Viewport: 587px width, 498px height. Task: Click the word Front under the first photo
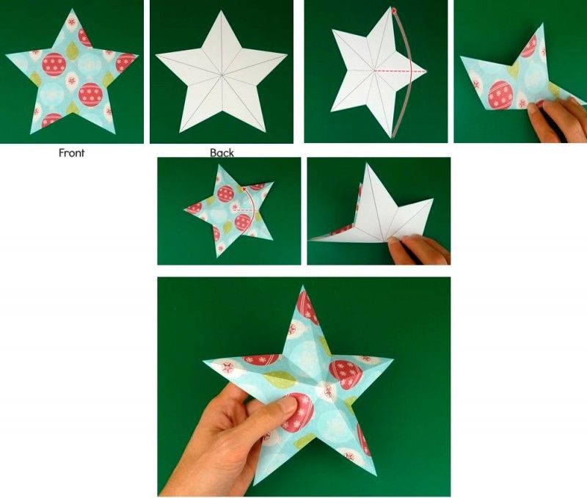tap(71, 153)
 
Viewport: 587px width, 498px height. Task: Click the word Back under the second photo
tap(222, 153)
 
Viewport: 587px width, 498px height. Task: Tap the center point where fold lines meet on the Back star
tap(222, 76)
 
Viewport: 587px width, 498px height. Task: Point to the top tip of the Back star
tap(221, 10)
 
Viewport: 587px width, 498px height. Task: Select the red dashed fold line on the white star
tap(400, 70)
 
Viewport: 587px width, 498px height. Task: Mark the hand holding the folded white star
tap(418, 249)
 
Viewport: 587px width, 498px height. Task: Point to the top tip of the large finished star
tap(302, 285)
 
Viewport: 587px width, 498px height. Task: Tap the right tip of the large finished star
tap(393, 359)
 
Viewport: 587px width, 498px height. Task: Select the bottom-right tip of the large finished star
tap(376, 473)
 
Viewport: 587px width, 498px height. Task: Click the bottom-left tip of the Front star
tap(31, 133)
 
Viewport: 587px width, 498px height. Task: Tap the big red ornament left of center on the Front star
tap(54, 65)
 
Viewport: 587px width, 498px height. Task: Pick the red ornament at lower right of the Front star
tap(90, 95)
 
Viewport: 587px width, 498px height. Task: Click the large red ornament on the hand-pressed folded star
tap(500, 95)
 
